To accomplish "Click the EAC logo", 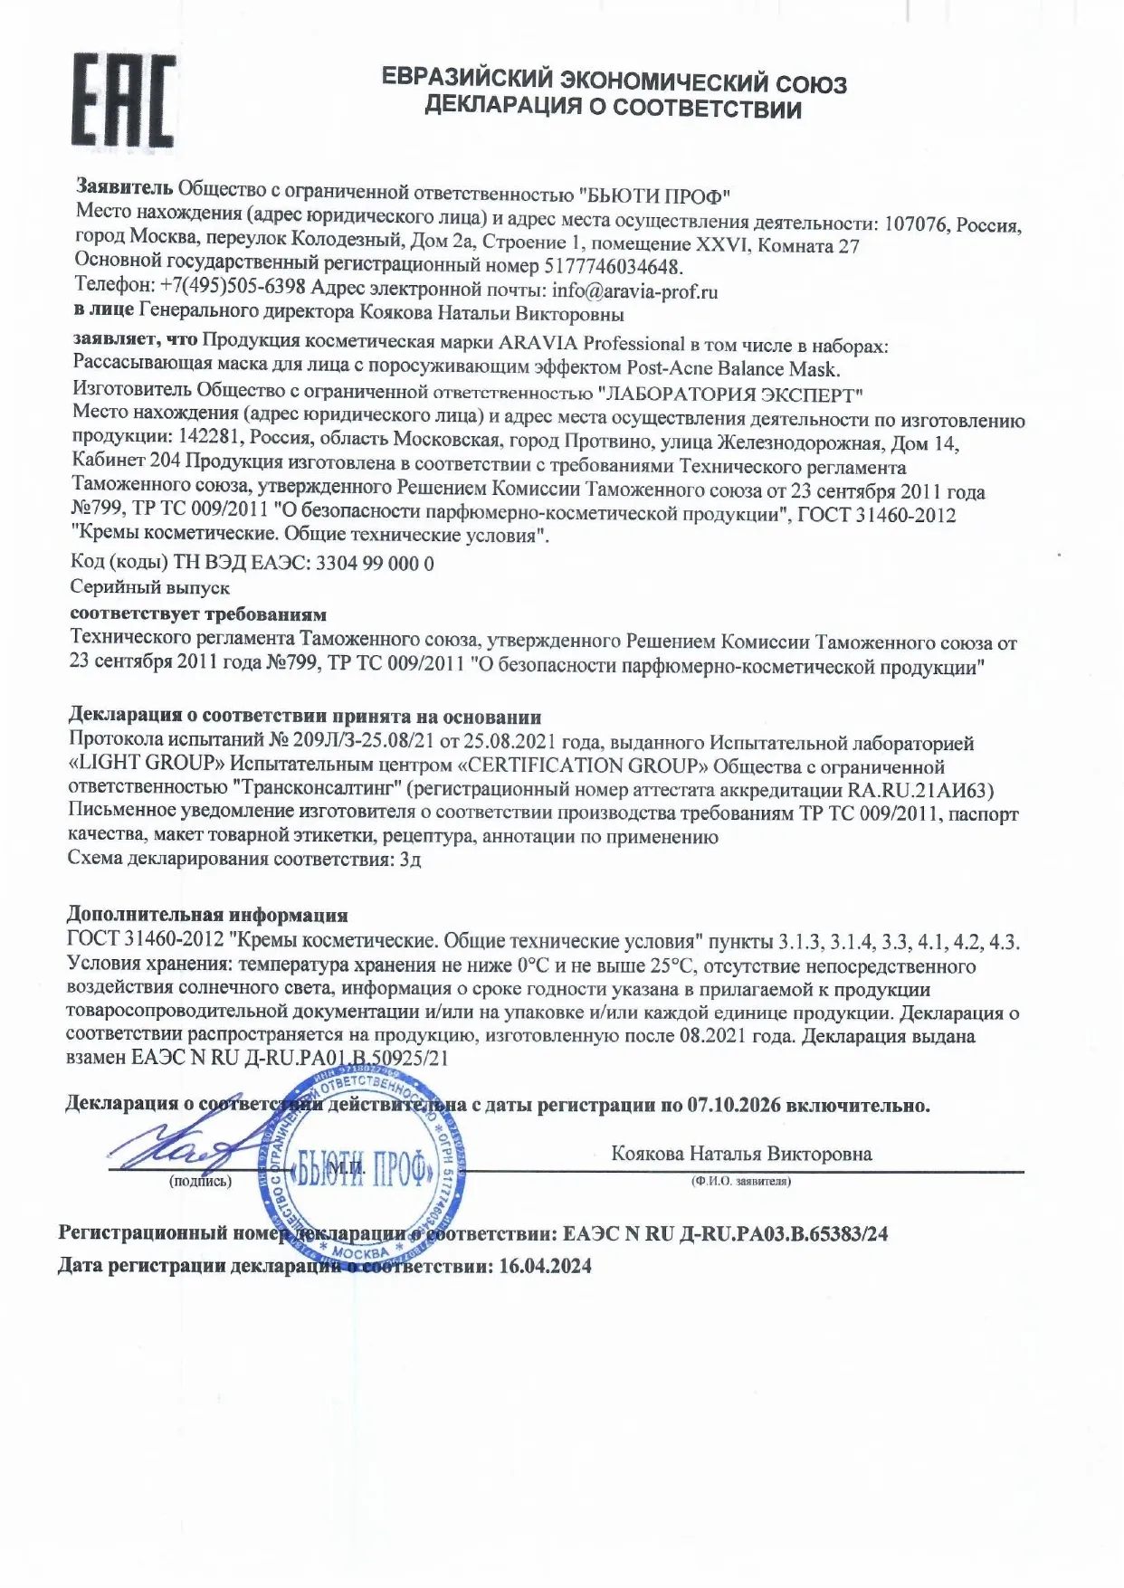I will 123,100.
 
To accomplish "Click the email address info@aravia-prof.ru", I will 634,291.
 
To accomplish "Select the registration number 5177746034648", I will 613,267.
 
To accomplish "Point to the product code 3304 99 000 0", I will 374,563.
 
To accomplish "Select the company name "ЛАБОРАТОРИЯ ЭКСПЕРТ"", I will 731,395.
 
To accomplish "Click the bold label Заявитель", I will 124,187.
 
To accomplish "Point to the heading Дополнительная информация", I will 207,915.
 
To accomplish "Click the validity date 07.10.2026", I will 732,1105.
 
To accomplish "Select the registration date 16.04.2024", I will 545,1266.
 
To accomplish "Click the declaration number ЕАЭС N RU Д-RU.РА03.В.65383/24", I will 725,1233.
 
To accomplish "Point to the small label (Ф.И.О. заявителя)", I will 740,1182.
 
